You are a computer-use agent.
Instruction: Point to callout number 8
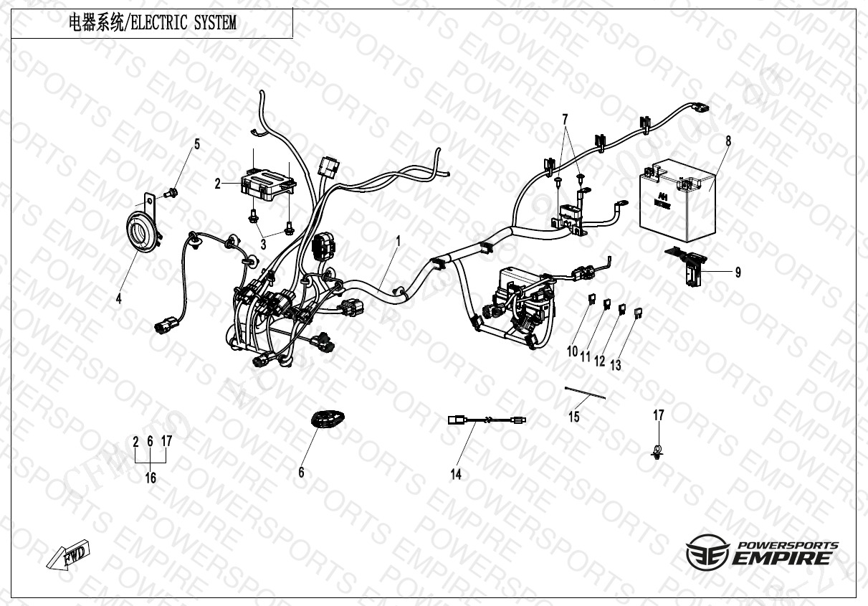click(x=728, y=141)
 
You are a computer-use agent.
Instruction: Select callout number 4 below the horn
click(x=119, y=299)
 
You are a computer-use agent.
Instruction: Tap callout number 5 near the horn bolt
click(x=196, y=144)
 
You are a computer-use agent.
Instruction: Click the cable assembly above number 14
click(x=487, y=421)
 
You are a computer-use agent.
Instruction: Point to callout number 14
click(x=456, y=474)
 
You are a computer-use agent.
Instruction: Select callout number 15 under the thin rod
click(x=574, y=416)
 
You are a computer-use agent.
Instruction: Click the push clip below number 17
click(x=657, y=453)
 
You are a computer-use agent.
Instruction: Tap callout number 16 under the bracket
click(x=151, y=478)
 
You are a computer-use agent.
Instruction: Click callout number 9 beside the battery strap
click(x=738, y=273)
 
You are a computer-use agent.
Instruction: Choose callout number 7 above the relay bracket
click(x=564, y=118)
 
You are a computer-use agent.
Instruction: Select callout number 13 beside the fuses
click(x=616, y=365)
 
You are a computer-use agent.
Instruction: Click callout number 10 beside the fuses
click(x=572, y=351)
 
